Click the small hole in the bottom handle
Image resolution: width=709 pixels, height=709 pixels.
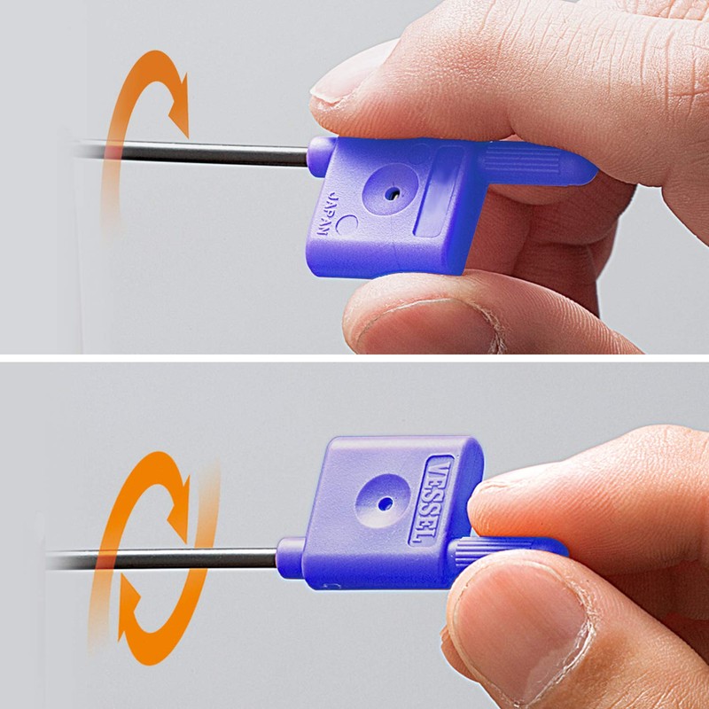click(386, 503)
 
